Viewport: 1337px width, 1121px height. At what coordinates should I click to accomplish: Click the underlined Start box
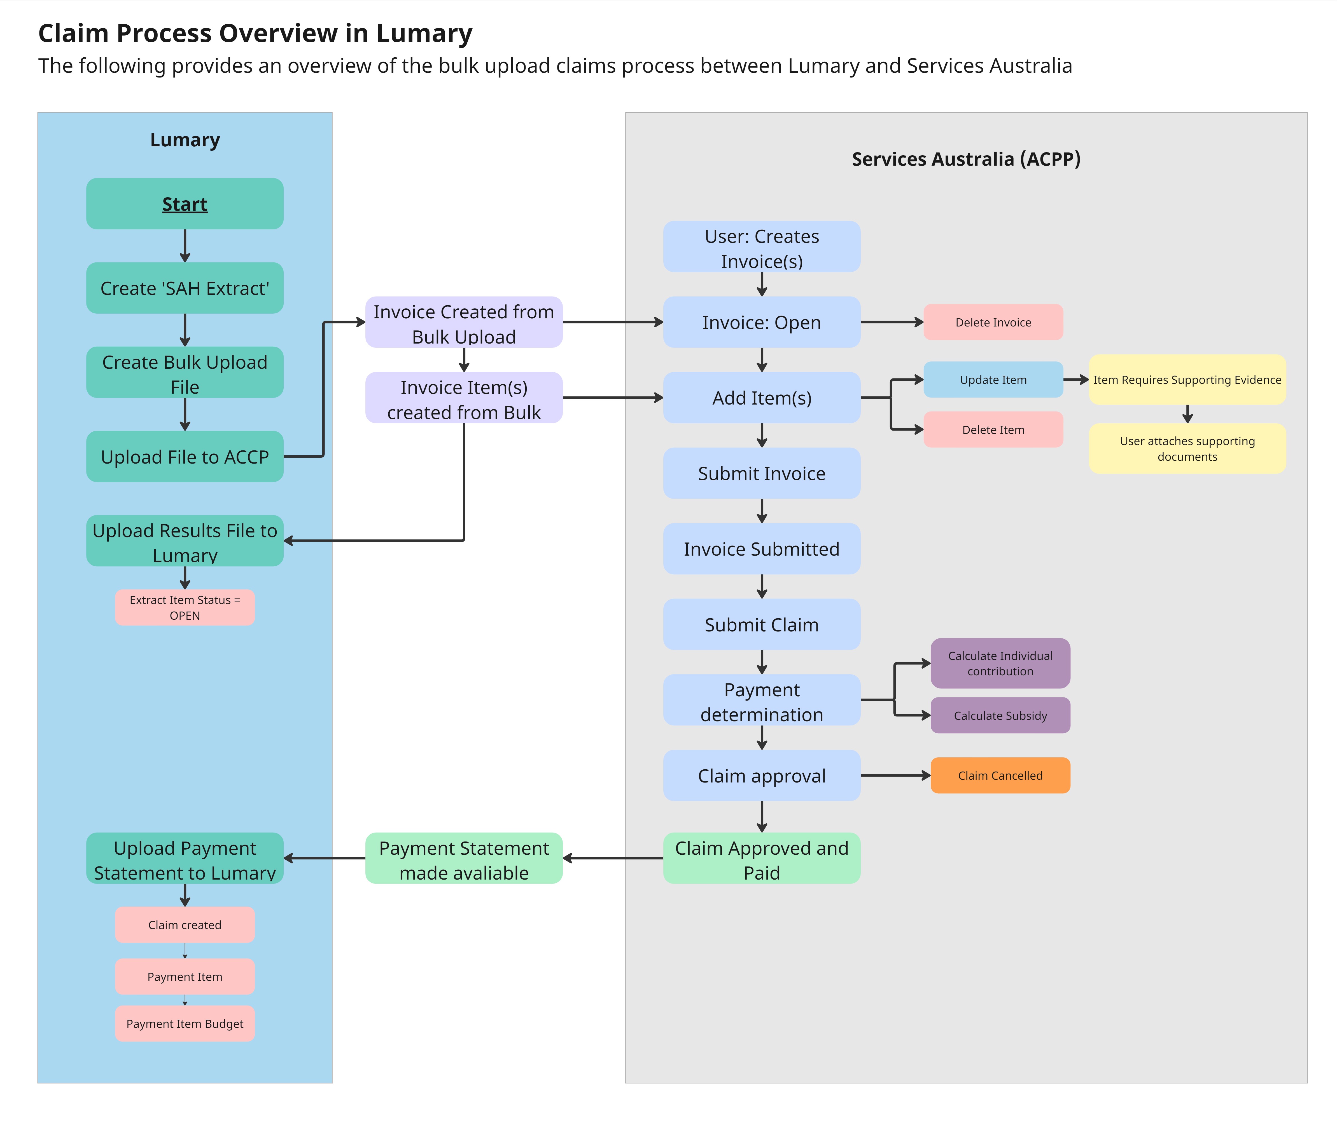185,204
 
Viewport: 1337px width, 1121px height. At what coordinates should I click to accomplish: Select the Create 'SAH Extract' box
185,288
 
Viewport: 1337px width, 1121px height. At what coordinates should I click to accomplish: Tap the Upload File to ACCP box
185,457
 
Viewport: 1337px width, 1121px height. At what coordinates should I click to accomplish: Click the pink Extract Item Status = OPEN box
185,608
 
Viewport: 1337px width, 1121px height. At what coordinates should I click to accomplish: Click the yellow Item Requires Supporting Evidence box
1187,380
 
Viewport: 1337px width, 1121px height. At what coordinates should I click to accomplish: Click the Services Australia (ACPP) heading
966,159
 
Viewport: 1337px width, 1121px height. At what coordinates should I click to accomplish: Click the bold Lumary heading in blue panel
185,140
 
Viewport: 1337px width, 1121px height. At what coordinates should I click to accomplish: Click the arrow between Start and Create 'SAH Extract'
185,246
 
